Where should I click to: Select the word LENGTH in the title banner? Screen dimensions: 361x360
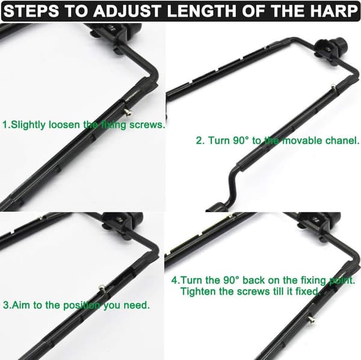(x=202, y=11)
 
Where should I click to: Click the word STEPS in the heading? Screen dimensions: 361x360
(x=31, y=11)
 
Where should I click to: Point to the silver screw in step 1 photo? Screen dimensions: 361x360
(x=128, y=112)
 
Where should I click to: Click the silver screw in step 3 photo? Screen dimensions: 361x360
(x=102, y=287)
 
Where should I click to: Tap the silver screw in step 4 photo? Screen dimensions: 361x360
(x=311, y=319)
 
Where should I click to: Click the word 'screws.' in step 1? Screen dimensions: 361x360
(x=147, y=125)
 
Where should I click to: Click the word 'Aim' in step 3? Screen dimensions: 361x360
(x=21, y=305)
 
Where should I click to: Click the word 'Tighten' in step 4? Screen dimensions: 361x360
(x=199, y=291)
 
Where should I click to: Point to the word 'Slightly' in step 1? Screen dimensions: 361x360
(x=28, y=125)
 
